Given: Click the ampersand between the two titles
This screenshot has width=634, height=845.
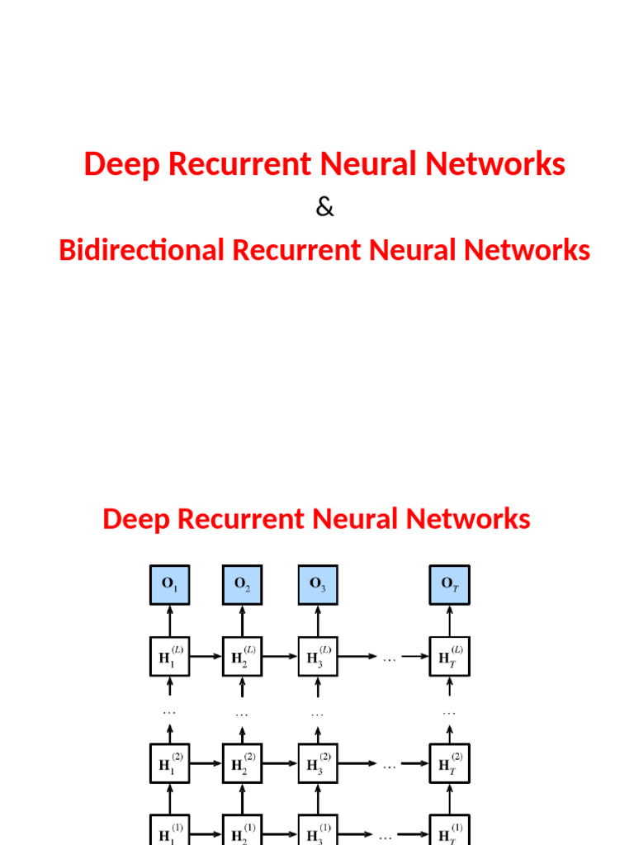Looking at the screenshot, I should [x=324, y=208].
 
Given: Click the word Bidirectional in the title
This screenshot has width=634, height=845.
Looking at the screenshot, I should [x=141, y=250].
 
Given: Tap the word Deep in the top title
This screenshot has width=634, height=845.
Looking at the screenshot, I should [x=121, y=164].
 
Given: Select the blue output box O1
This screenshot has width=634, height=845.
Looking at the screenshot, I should [x=169, y=585].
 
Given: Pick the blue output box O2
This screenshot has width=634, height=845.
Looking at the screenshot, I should [x=242, y=585].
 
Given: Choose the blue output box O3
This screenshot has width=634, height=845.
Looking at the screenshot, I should [x=318, y=585].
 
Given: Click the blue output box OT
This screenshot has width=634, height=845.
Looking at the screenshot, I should [x=449, y=585].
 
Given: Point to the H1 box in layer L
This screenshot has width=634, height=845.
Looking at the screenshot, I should [x=169, y=657].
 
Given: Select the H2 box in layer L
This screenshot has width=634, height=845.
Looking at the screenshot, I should [x=242, y=657].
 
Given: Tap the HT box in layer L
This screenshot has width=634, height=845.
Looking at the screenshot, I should [x=449, y=657].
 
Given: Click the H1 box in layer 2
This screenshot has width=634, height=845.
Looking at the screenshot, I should [x=169, y=764].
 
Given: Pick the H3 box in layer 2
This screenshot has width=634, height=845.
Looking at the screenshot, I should [x=318, y=764].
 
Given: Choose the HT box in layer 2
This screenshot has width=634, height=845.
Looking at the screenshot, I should [x=449, y=764].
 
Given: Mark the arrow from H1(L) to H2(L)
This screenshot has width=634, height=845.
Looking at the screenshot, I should [x=206, y=658].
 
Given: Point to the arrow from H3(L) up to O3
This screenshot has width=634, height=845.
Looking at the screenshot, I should [x=318, y=621].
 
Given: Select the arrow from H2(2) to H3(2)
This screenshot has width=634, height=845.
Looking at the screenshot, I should [x=280, y=765].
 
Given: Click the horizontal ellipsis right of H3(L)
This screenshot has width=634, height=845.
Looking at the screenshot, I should [x=389, y=659].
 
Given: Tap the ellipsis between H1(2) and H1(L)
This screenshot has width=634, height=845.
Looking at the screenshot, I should [x=169, y=711].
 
